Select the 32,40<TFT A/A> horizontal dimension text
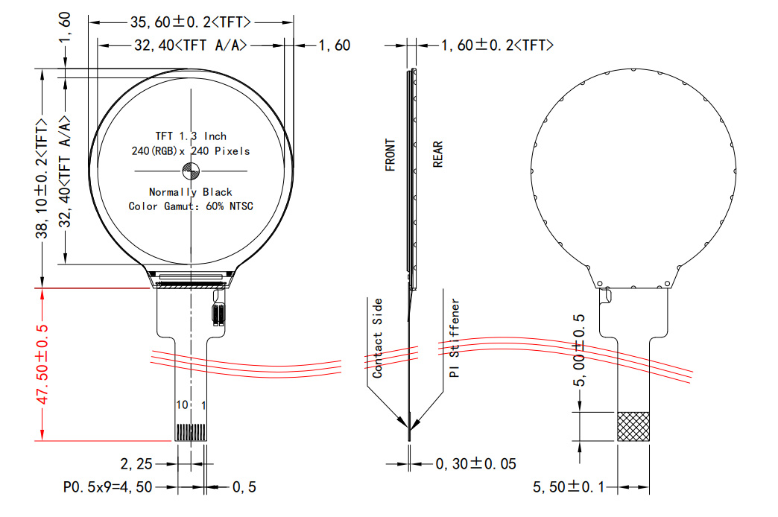190,46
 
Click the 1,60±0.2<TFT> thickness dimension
497,46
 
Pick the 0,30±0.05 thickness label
475,464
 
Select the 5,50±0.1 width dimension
569,487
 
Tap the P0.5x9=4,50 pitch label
108,487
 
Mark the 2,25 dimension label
136,464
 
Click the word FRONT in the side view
390,156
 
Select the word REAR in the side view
437,155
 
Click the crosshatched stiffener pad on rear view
633,426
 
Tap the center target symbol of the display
192,171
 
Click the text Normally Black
191,192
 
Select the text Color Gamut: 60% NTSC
191,206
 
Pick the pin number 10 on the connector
182,405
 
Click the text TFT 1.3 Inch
191,136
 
